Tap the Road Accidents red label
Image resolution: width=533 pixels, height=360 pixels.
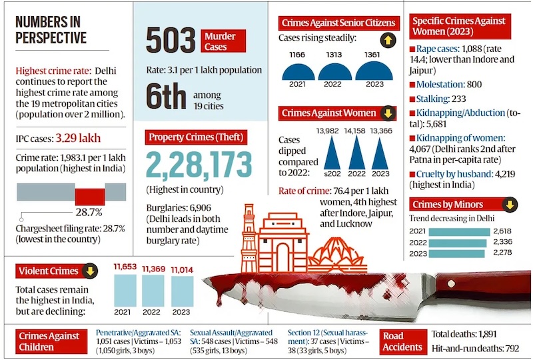402,341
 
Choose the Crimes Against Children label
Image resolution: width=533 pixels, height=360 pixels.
49,341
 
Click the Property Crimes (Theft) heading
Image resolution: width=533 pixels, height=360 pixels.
196,138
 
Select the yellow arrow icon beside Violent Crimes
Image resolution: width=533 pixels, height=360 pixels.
90,270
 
